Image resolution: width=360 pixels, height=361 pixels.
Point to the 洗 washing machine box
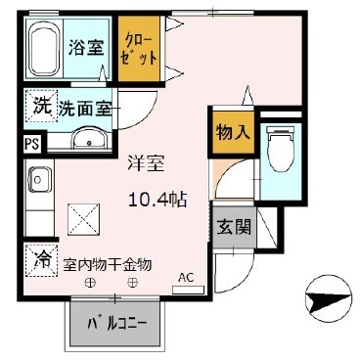[40, 106]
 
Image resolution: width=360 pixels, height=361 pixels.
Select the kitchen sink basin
[42, 180]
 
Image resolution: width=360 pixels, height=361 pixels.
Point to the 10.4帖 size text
[158, 199]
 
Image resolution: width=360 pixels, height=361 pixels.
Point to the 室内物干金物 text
[108, 263]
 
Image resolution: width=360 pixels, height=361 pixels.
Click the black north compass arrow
[325, 292]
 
